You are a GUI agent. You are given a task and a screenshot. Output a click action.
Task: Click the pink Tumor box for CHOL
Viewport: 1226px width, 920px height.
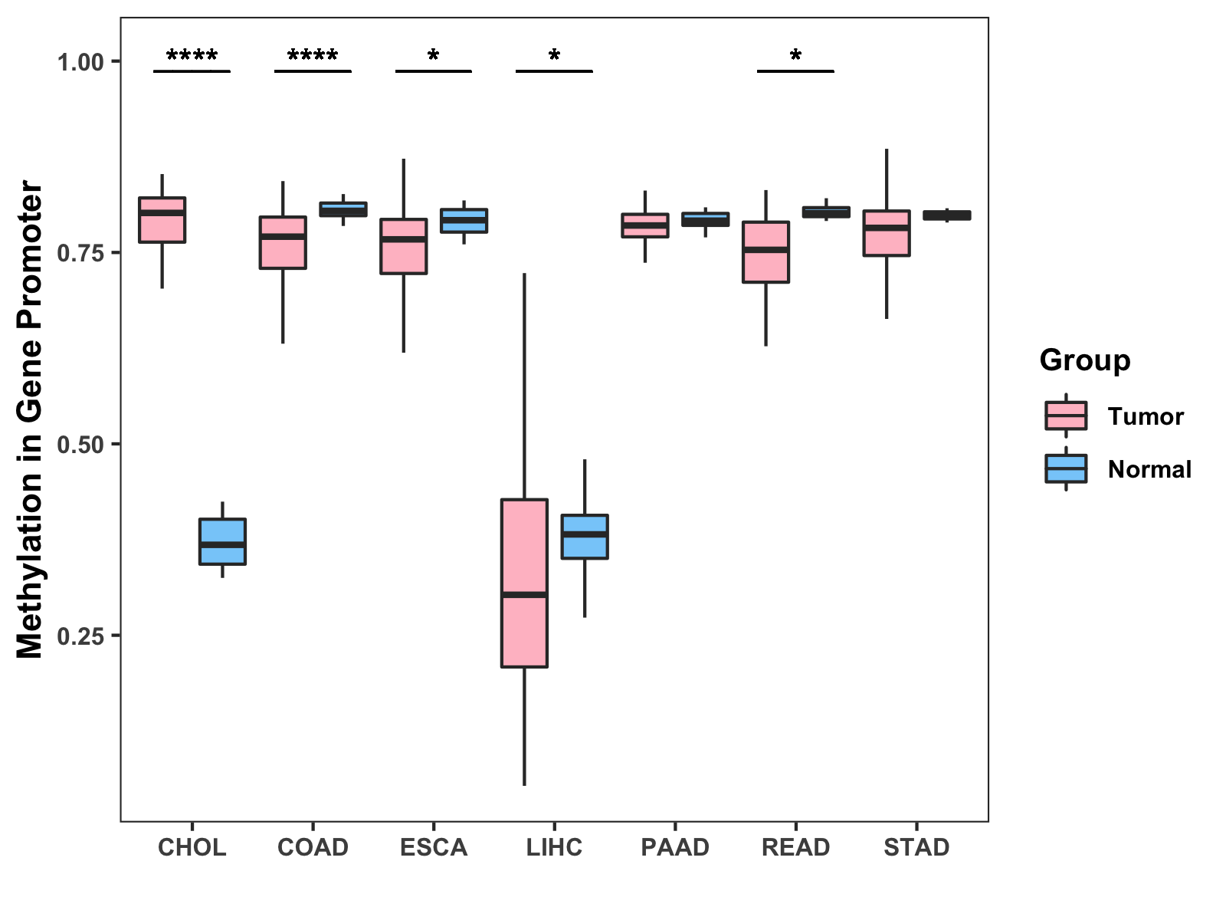coord(162,220)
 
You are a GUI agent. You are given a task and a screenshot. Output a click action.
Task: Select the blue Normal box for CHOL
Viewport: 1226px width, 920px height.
coord(222,541)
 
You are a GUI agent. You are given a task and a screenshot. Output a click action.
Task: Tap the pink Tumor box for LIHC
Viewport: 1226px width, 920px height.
coord(524,583)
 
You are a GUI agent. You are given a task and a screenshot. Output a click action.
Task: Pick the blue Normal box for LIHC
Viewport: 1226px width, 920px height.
coord(585,537)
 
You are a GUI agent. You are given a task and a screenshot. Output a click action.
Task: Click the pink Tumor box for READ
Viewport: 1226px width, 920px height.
coord(765,252)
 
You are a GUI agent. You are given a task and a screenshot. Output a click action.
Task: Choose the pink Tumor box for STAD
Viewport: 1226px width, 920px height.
coord(887,233)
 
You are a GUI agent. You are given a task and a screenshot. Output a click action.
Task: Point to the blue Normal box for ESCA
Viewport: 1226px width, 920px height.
coord(464,221)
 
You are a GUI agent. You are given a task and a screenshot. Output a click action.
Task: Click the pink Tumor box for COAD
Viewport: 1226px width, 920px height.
coord(283,243)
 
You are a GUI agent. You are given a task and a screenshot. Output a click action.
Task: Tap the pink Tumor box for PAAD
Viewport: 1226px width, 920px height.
coord(644,225)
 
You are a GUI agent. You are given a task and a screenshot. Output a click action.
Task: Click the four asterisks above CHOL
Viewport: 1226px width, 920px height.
coord(192,56)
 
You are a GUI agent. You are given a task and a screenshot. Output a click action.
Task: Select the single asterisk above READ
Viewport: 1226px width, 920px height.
coord(795,56)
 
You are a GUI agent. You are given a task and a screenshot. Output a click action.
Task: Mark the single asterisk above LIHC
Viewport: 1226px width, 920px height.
coord(554,56)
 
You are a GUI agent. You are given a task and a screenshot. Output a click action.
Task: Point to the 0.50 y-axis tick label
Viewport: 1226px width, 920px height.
coord(80,445)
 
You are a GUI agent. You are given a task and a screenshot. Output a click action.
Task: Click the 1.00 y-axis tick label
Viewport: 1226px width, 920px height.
coord(80,61)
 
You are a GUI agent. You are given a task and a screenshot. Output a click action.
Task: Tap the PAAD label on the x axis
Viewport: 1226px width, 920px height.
coord(675,847)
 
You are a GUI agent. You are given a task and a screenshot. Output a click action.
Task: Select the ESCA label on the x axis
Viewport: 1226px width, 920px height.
coord(434,847)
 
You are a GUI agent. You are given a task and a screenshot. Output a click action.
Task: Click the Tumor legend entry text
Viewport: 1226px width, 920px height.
coord(1146,416)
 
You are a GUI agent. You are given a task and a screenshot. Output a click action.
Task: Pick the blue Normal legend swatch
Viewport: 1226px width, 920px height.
coord(1066,468)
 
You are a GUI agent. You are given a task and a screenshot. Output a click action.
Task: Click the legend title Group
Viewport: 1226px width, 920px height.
coord(1085,360)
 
